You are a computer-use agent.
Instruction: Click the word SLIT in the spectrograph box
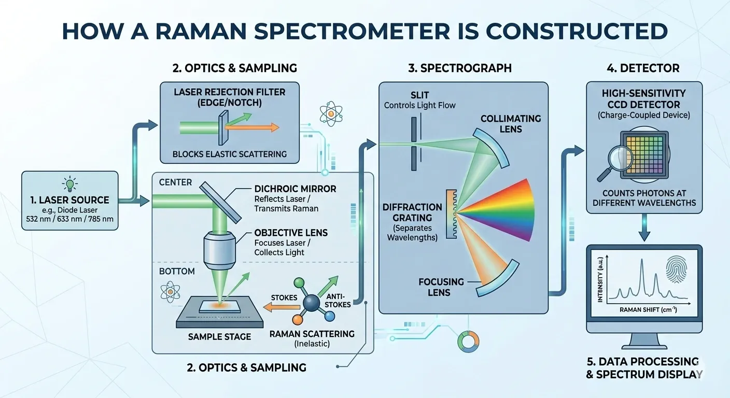pyautogui.click(x=419, y=95)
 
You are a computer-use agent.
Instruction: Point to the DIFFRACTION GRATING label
pyautogui.click(x=413, y=213)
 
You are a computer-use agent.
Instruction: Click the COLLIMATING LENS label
pyautogui.click(x=510, y=124)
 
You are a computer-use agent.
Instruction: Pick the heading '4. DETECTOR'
pyautogui.click(x=643, y=68)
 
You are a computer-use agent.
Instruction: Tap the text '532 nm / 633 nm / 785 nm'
pyautogui.click(x=71, y=219)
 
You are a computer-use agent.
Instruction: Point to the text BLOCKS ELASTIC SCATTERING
pyautogui.click(x=230, y=154)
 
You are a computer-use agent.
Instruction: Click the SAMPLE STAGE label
pyautogui.click(x=219, y=337)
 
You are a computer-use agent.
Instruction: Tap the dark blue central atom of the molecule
pyautogui.click(x=312, y=304)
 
